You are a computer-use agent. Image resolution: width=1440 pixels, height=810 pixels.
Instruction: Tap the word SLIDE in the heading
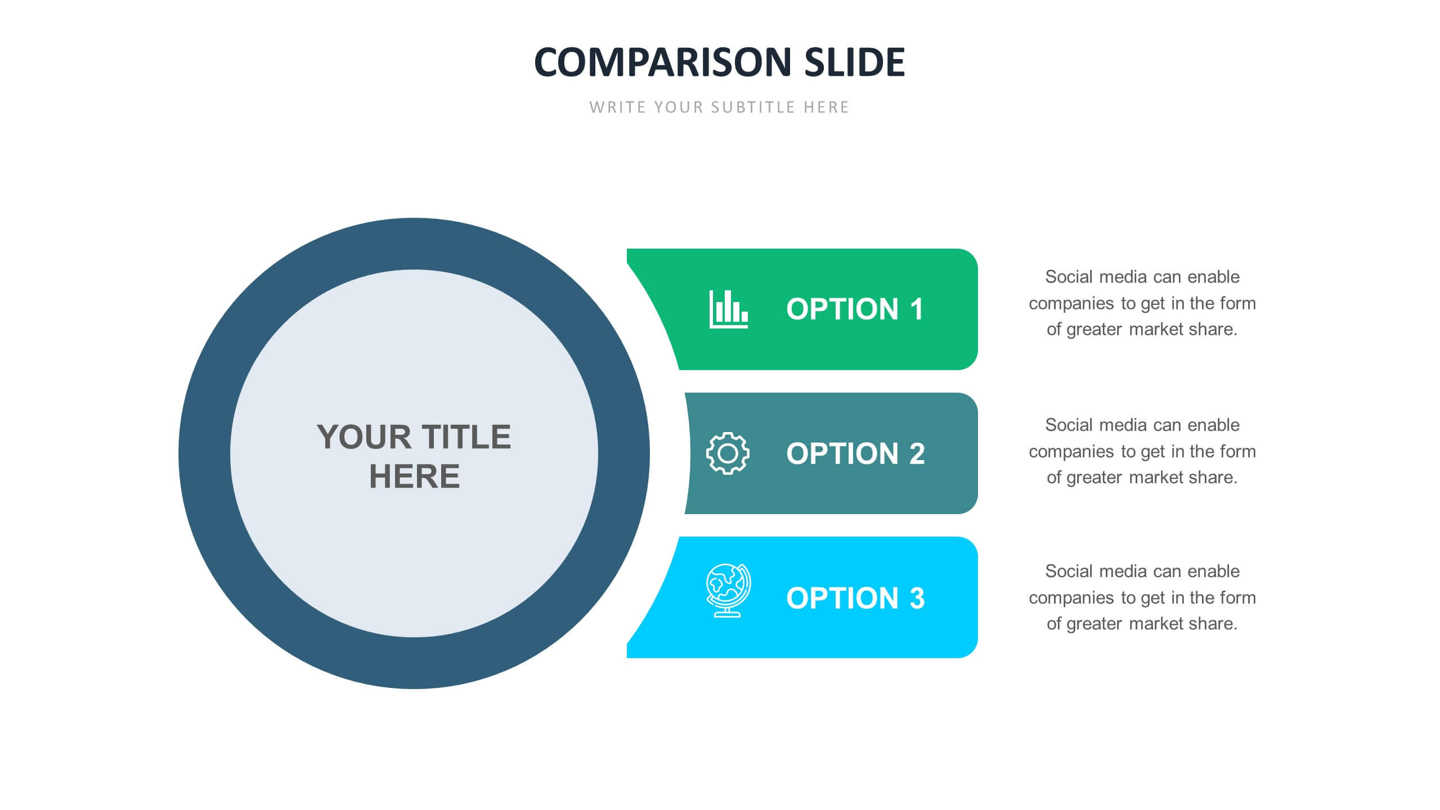[x=854, y=62]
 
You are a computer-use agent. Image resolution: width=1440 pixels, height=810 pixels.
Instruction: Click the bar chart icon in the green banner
[x=728, y=309]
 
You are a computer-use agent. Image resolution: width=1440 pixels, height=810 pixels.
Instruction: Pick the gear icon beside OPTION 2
[x=728, y=453]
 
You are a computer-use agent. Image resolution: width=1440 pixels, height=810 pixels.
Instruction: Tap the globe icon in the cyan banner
[x=728, y=591]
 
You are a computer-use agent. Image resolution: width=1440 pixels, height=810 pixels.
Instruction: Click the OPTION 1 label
[x=855, y=309]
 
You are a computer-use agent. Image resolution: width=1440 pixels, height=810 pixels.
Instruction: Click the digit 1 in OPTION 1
[x=917, y=309]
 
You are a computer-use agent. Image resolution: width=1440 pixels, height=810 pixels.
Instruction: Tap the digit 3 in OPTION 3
[x=917, y=598]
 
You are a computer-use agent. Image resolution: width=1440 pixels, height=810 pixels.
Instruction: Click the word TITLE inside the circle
[x=466, y=437]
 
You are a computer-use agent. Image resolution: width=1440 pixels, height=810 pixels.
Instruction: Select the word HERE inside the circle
[x=414, y=476]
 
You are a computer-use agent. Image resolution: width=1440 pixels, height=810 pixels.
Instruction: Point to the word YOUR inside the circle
[x=364, y=437]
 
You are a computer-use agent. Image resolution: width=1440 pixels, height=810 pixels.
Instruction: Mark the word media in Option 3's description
[x=1123, y=571]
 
